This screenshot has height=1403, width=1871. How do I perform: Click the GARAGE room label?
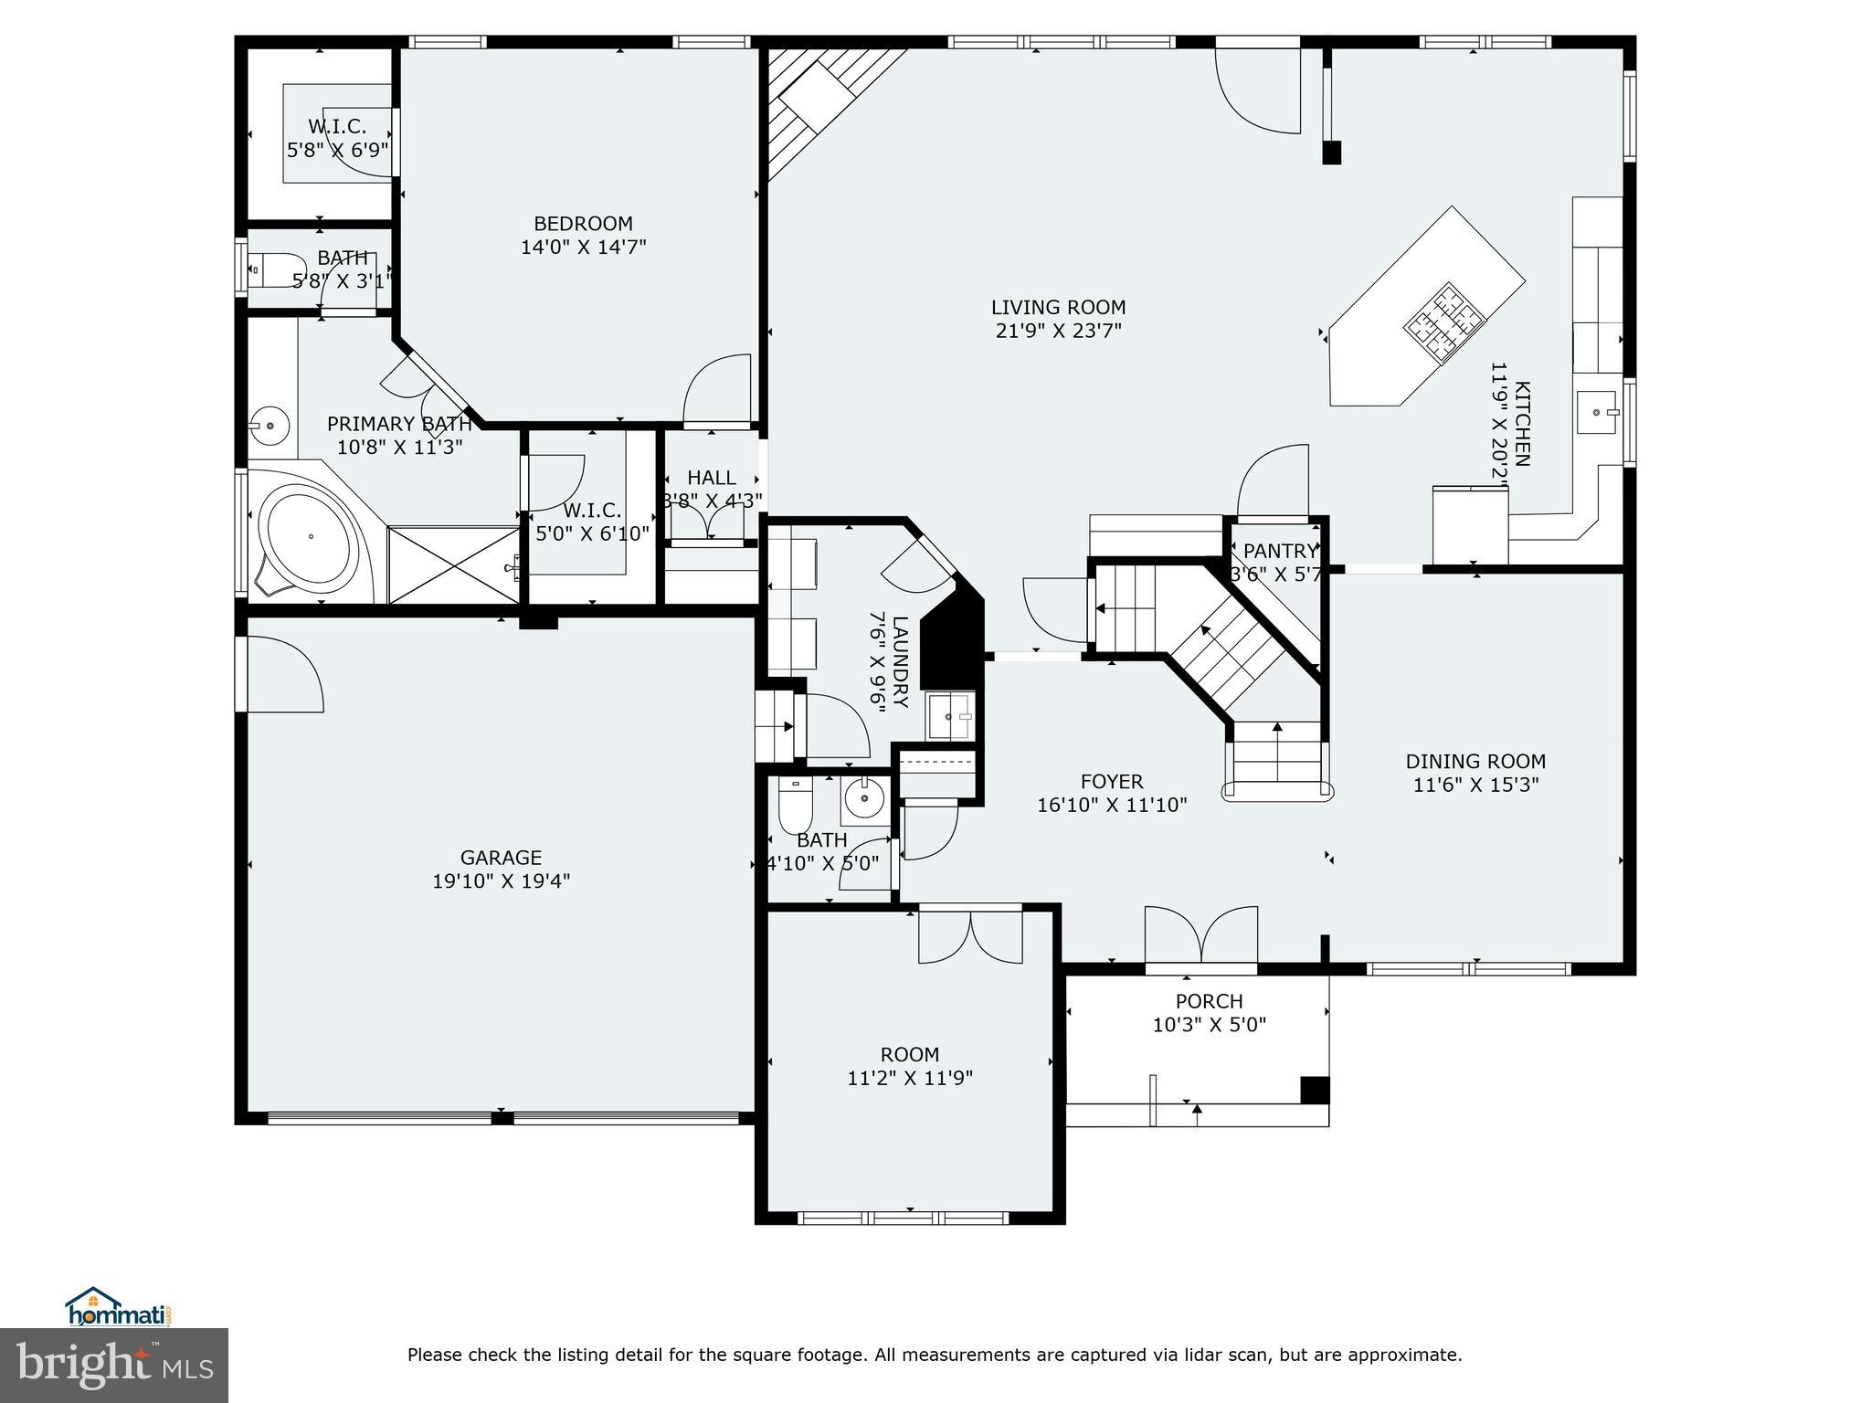pos(501,858)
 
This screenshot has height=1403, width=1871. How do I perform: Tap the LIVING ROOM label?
pos(1058,308)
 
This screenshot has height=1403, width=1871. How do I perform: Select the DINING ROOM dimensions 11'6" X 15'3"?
pos(1475,785)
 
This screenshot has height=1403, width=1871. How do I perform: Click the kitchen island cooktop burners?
pos(1444,323)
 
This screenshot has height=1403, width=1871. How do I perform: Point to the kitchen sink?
pos(1596,412)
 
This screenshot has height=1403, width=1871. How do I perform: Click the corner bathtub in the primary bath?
pos(308,538)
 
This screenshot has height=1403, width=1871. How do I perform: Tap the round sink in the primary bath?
pos(270,425)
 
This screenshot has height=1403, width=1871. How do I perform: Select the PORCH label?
pos(1209,1002)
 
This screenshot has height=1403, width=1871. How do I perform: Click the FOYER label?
pos(1112,782)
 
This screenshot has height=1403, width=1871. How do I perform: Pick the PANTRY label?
pos(1281,551)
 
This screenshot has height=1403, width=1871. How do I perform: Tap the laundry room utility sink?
pos(951,715)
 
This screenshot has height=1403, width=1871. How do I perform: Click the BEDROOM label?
pos(583,224)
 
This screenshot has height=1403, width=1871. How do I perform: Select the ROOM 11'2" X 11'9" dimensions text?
pos(910,1078)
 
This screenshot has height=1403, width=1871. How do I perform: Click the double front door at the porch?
pos(1201,936)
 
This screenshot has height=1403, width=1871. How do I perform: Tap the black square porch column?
pos(1315,1090)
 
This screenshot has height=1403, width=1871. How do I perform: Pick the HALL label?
pos(712,478)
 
